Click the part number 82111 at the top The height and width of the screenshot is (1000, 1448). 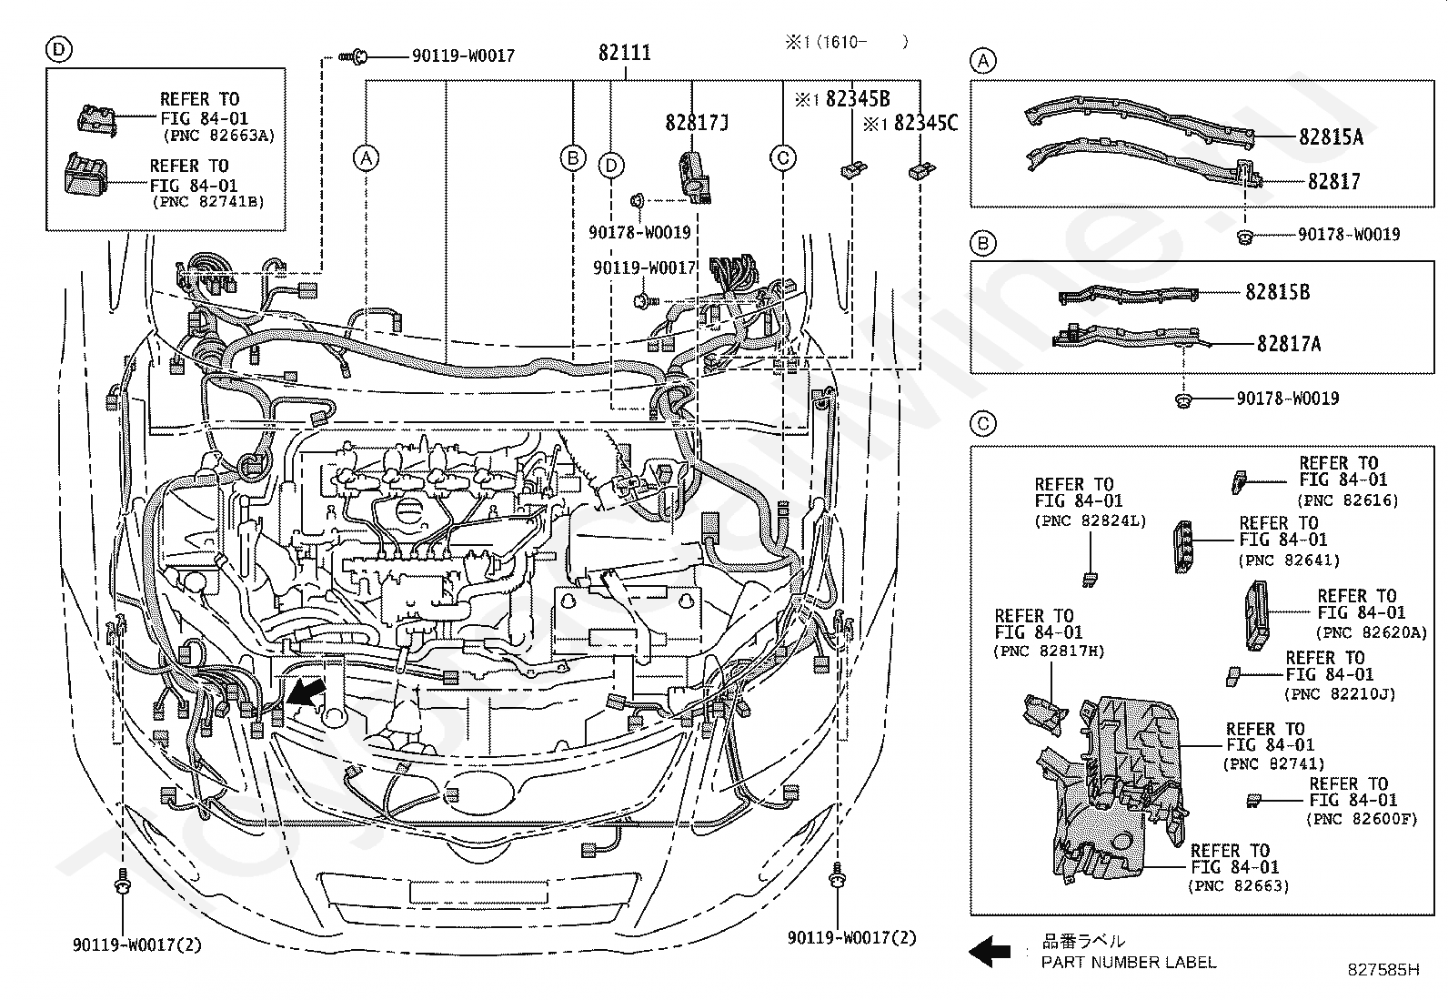[x=625, y=53]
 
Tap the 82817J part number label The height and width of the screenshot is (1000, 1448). [x=697, y=122]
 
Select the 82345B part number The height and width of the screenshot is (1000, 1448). [x=858, y=98]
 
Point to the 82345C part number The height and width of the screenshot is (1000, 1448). [x=926, y=122]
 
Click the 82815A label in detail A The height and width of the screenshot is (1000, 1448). [x=1331, y=136]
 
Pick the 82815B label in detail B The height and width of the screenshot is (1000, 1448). [x=1277, y=292]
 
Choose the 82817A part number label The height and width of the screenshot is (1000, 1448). [x=1288, y=343]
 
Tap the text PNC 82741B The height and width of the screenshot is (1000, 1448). [x=209, y=202]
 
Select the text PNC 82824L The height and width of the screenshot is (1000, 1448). [x=1091, y=520]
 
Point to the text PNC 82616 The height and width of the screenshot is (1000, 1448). [x=1348, y=500]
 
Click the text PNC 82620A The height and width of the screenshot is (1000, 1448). [x=1372, y=632]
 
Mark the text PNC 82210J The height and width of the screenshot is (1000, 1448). [x=1340, y=694]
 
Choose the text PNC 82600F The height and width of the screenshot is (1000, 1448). [x=1362, y=819]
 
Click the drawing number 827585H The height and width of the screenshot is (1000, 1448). [x=1383, y=970]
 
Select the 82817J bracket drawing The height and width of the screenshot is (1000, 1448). [x=694, y=177]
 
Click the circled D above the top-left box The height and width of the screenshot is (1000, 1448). [x=59, y=49]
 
